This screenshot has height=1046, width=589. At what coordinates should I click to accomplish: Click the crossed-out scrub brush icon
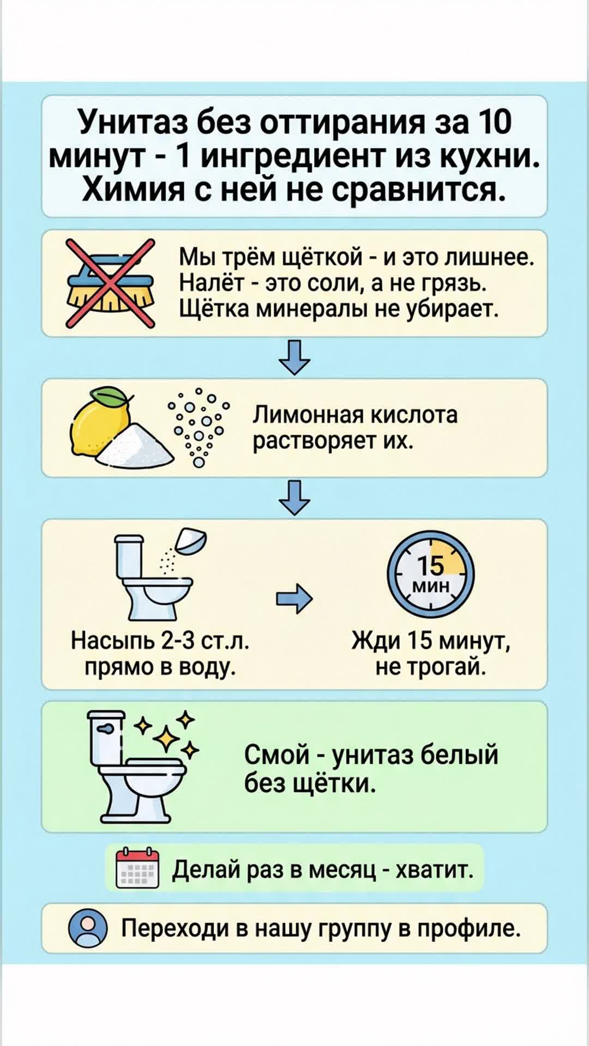pyautogui.click(x=111, y=283)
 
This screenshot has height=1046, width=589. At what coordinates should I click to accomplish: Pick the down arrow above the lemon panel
pyautogui.click(x=294, y=357)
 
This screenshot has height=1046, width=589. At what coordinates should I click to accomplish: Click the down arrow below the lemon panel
pyautogui.click(x=294, y=497)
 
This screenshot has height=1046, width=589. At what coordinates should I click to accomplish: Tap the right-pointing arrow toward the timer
pyautogui.click(x=294, y=598)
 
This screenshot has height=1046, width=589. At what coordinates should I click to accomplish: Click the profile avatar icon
pyautogui.click(x=87, y=928)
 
